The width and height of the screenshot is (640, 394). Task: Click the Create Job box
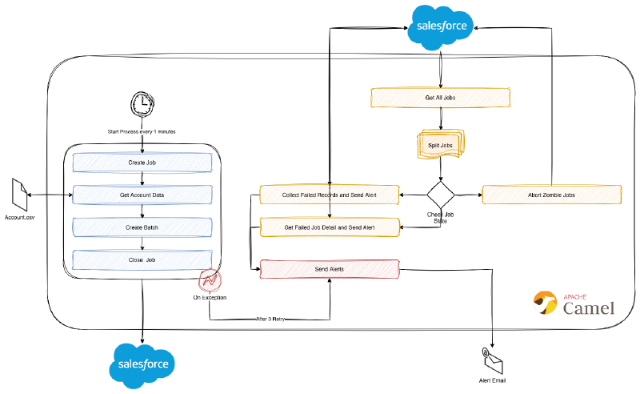[x=143, y=163]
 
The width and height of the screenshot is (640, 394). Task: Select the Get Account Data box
[x=143, y=195]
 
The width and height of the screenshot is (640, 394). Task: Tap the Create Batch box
[x=143, y=227]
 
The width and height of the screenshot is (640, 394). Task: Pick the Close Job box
[x=143, y=260]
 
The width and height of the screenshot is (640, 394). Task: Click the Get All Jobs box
[x=441, y=98]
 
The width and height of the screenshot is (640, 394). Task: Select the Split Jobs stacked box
[x=440, y=145]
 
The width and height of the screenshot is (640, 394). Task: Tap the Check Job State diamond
[x=440, y=195]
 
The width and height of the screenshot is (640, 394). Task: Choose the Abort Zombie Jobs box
[x=552, y=195]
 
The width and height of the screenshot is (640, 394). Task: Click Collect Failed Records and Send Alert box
[x=330, y=195]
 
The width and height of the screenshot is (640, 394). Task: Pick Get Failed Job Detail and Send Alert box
[x=330, y=227]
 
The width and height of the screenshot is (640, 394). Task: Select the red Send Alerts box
[x=330, y=269]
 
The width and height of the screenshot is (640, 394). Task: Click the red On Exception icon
[x=210, y=282]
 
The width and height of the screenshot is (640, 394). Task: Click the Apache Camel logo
[x=574, y=304]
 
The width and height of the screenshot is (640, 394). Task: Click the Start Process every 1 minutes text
[x=142, y=131]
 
